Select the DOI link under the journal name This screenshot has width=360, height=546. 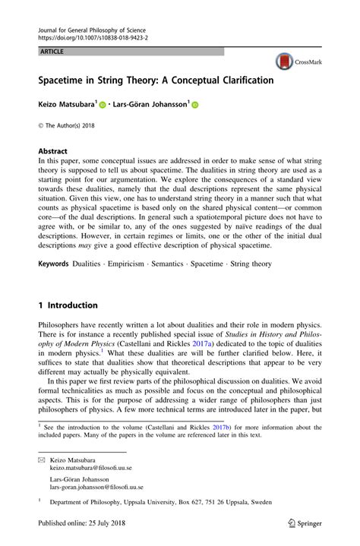tap(93, 36)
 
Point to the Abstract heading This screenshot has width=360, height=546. tap(54, 151)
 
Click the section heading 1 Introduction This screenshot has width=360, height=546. tap(68, 305)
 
